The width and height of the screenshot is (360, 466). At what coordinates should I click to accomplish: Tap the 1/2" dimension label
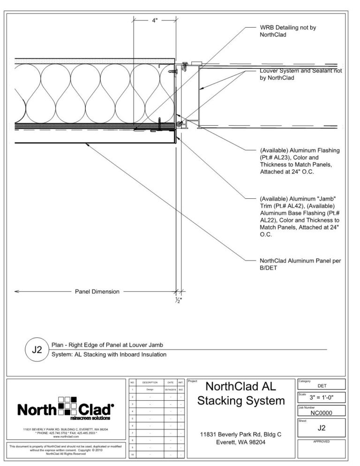pos(179,301)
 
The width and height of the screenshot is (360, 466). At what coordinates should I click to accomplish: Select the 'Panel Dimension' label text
pos(97,292)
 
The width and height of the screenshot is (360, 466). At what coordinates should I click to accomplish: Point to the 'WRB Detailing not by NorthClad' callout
pos(288,31)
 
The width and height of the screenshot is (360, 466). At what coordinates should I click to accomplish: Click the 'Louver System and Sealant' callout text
pos(300,74)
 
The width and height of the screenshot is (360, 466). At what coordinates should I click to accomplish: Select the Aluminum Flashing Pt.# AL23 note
pos(300,161)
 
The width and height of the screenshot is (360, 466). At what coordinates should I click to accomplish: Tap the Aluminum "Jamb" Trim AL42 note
pos(300,216)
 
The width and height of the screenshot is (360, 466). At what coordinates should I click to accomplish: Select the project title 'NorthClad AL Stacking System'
pos(241,394)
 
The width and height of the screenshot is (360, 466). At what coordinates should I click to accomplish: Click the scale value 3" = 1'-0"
pos(322,398)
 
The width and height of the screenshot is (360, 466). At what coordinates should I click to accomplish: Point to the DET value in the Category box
pos(322,386)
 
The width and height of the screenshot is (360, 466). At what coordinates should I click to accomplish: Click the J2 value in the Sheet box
pos(322,428)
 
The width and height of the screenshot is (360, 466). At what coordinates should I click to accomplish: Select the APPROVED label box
pos(322,442)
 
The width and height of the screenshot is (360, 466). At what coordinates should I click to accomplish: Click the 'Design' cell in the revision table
pos(150,390)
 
